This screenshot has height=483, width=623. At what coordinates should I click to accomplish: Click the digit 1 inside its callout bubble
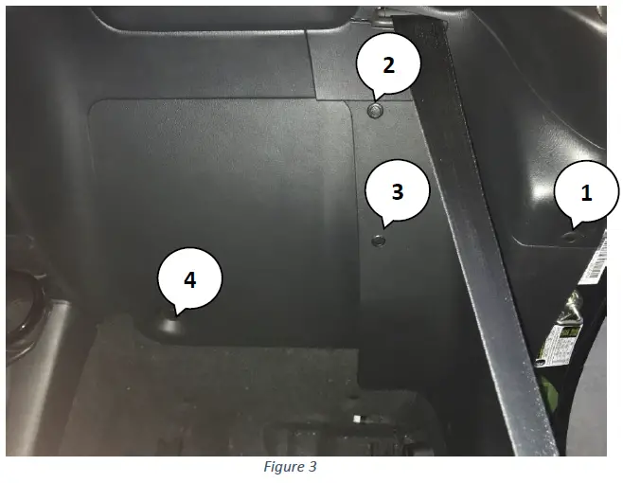click(586, 193)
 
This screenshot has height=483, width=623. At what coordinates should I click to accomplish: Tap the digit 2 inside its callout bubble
click(387, 65)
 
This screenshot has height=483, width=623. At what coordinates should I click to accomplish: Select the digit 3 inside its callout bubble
click(398, 191)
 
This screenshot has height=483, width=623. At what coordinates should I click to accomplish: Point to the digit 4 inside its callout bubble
click(189, 280)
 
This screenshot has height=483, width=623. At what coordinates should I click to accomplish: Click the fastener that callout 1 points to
click(570, 236)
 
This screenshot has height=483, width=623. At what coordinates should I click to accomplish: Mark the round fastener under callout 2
click(375, 111)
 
